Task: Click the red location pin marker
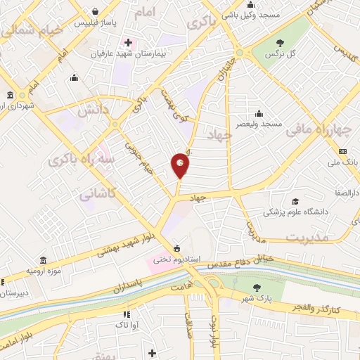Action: click(181, 165)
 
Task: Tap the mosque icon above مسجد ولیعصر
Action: click(259, 113)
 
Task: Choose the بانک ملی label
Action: click(342, 162)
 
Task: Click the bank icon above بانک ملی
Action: click(342, 151)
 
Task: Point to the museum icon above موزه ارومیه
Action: click(44, 259)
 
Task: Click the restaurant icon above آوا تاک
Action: click(127, 314)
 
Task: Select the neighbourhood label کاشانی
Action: click(96, 192)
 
